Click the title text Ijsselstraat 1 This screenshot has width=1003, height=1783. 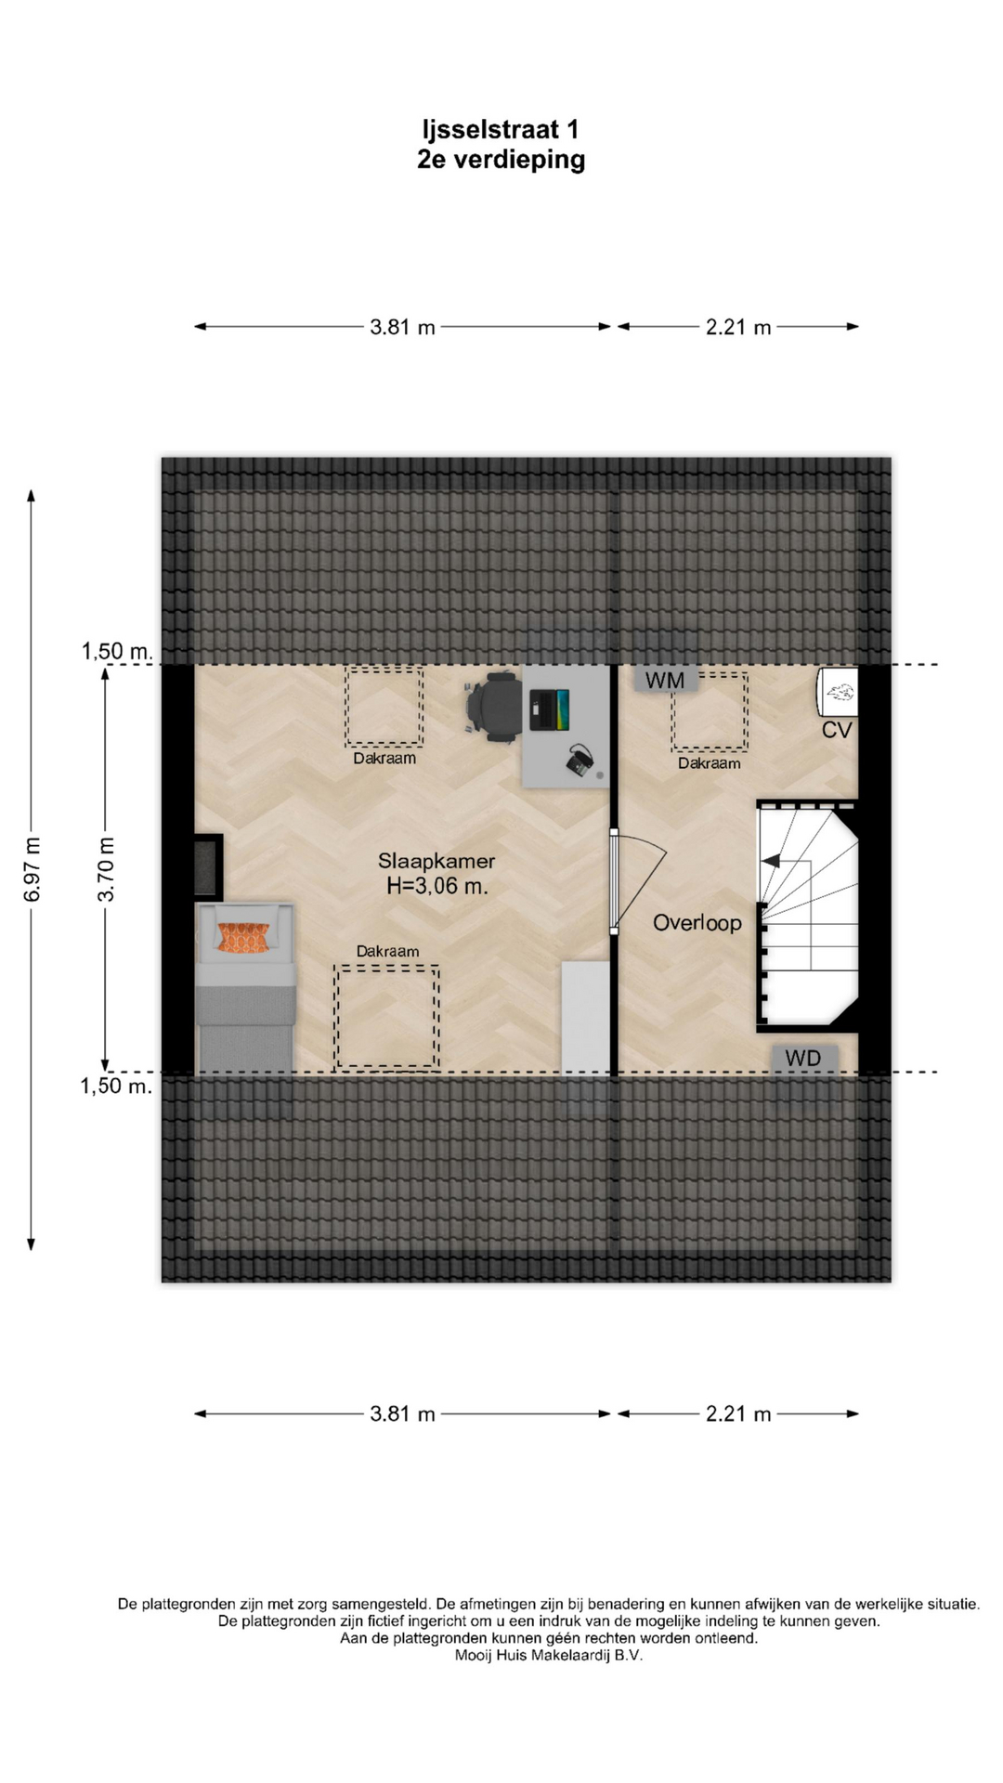pyautogui.click(x=501, y=129)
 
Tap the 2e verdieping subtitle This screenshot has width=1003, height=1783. pyautogui.click(x=501, y=160)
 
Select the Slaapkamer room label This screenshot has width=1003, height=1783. pyautogui.click(x=436, y=861)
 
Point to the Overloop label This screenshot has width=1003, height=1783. pyautogui.click(x=697, y=923)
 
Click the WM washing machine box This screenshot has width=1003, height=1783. pyautogui.click(x=665, y=680)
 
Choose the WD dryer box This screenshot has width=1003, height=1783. pyautogui.click(x=803, y=1059)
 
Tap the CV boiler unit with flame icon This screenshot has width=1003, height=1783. pyautogui.click(x=837, y=692)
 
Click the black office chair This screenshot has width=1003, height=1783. pyautogui.click(x=493, y=707)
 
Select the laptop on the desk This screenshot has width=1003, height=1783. pyautogui.click(x=549, y=710)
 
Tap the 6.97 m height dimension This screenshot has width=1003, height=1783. pyautogui.click(x=32, y=869)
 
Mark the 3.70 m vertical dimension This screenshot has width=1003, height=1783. pyautogui.click(x=106, y=869)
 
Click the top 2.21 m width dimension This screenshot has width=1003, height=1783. pyautogui.click(x=738, y=327)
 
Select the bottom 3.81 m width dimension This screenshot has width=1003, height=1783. pyautogui.click(x=402, y=1413)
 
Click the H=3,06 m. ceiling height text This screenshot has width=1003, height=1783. pyautogui.click(x=437, y=886)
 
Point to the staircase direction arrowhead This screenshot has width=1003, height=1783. pyautogui.click(x=770, y=862)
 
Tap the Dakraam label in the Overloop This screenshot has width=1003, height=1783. pyautogui.click(x=710, y=763)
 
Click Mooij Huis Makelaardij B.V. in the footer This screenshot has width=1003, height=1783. pyautogui.click(x=549, y=1655)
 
